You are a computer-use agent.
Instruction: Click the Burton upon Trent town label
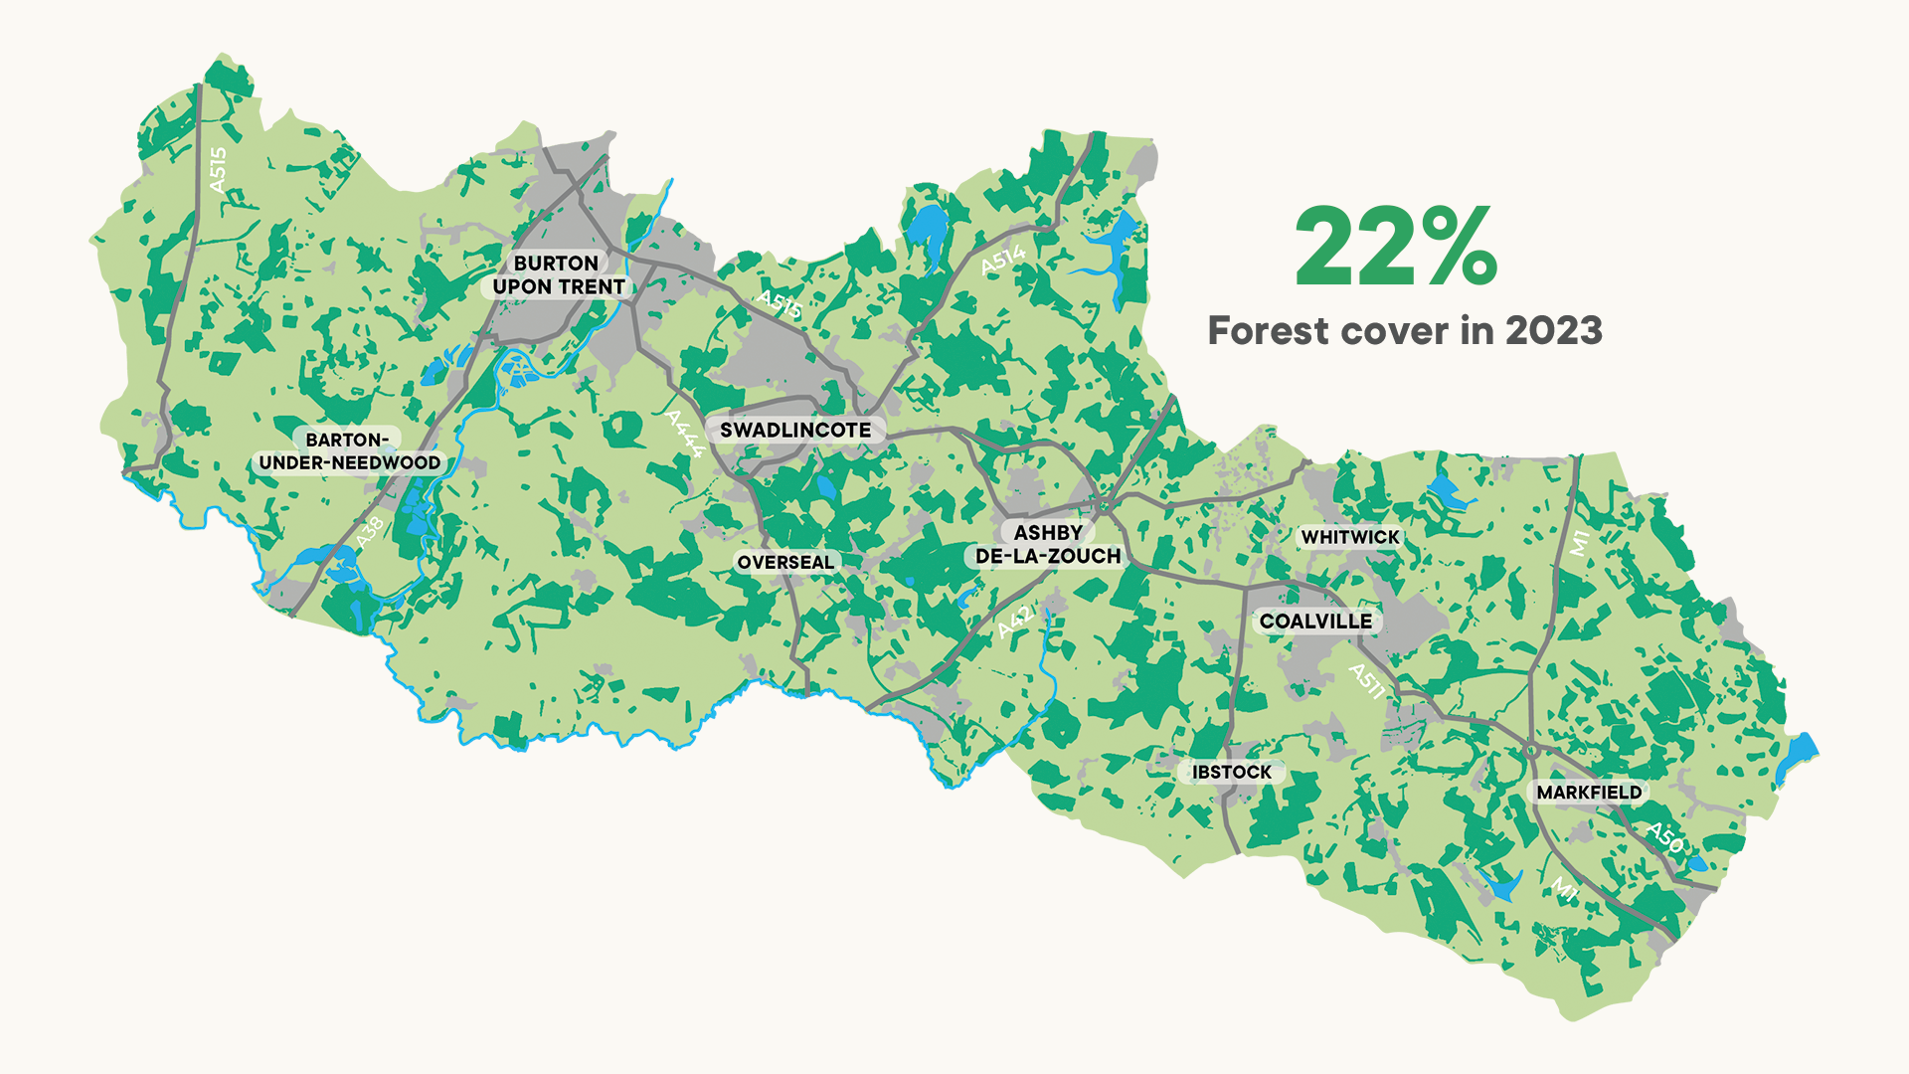(557, 275)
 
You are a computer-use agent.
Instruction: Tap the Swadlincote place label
(794, 430)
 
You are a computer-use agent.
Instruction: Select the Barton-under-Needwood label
(349, 451)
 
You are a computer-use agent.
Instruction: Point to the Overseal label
(785, 562)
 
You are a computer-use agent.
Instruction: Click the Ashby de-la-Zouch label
(1047, 545)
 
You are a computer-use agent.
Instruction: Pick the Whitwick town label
(1349, 537)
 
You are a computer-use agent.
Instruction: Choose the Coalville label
(1314, 622)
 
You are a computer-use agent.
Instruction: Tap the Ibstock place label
(1231, 772)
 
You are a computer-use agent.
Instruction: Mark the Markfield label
(1589, 793)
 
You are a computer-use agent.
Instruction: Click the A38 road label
(369, 533)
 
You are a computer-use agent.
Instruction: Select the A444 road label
(685, 434)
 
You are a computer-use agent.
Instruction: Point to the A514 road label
(1002, 261)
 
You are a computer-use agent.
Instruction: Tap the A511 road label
(1366, 681)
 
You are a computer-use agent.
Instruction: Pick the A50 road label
(1664, 837)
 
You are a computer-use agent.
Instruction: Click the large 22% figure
(1395, 247)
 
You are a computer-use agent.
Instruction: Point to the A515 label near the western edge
(218, 169)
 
